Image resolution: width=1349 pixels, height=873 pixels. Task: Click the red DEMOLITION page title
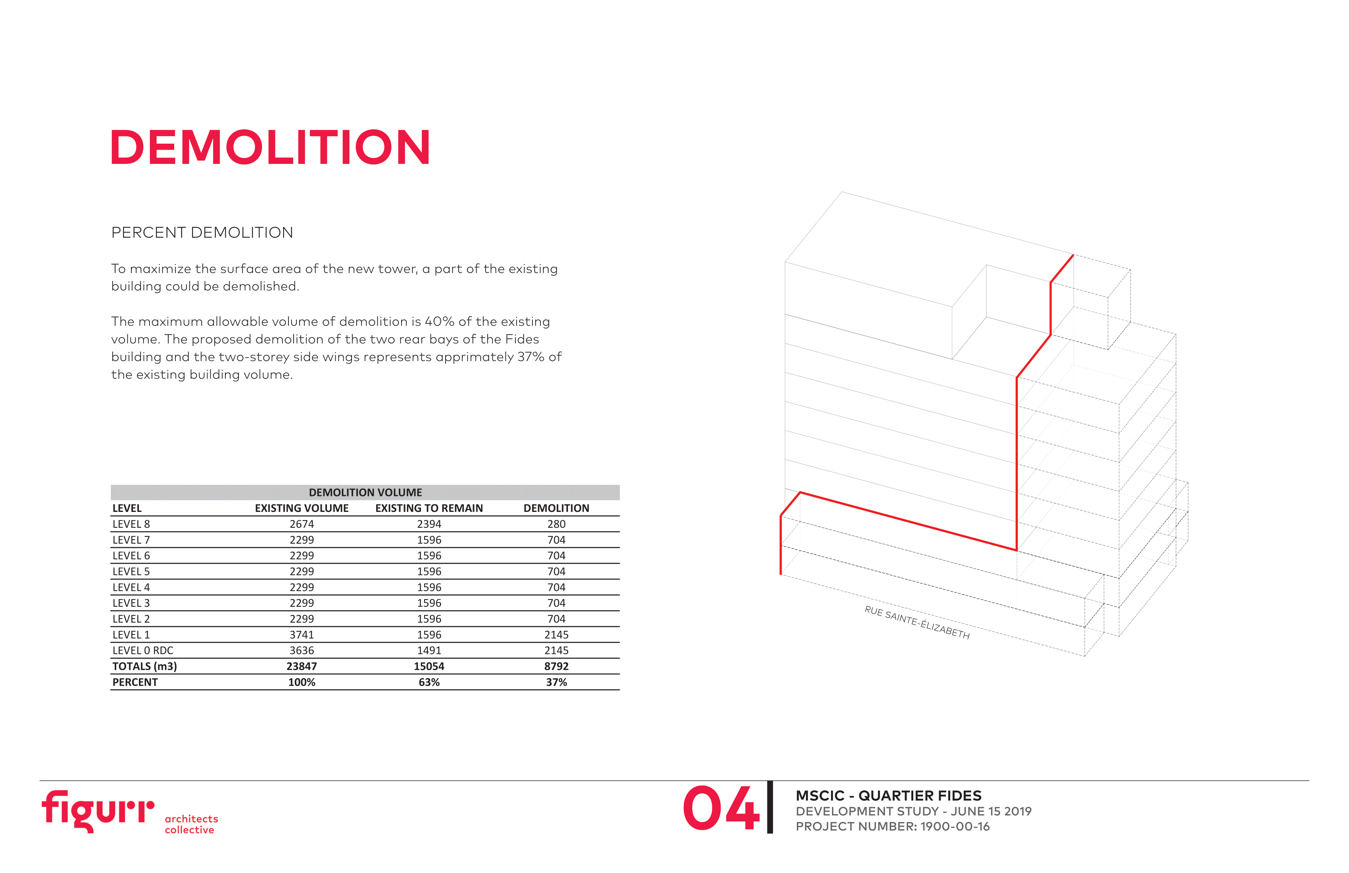[x=270, y=147]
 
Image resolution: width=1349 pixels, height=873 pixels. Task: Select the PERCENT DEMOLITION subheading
[x=202, y=233]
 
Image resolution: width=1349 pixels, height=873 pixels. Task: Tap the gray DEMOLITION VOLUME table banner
[x=365, y=492]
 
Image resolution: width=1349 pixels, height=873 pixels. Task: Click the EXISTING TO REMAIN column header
[x=429, y=508]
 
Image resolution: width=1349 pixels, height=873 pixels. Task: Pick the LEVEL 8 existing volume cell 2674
[x=302, y=524]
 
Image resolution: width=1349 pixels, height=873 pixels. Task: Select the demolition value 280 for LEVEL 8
[x=556, y=524]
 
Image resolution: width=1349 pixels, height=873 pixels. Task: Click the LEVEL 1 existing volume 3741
[x=302, y=635]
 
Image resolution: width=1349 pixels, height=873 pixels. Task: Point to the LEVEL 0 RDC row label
[x=143, y=651]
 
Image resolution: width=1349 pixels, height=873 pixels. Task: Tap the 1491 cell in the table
[x=429, y=651]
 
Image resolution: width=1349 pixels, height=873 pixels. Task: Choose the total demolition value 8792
[x=556, y=667]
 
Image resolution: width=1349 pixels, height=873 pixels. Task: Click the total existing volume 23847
[x=302, y=667]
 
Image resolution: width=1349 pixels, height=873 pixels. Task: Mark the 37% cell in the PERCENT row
[x=556, y=683]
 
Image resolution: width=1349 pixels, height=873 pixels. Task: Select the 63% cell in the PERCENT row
[x=429, y=683]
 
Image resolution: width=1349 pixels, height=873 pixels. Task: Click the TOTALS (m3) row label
[x=144, y=667]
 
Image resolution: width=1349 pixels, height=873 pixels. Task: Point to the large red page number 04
[x=721, y=808]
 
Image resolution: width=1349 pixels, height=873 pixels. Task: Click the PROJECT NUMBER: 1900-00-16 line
[x=893, y=827]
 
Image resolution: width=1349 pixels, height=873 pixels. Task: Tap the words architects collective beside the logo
[x=191, y=824]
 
